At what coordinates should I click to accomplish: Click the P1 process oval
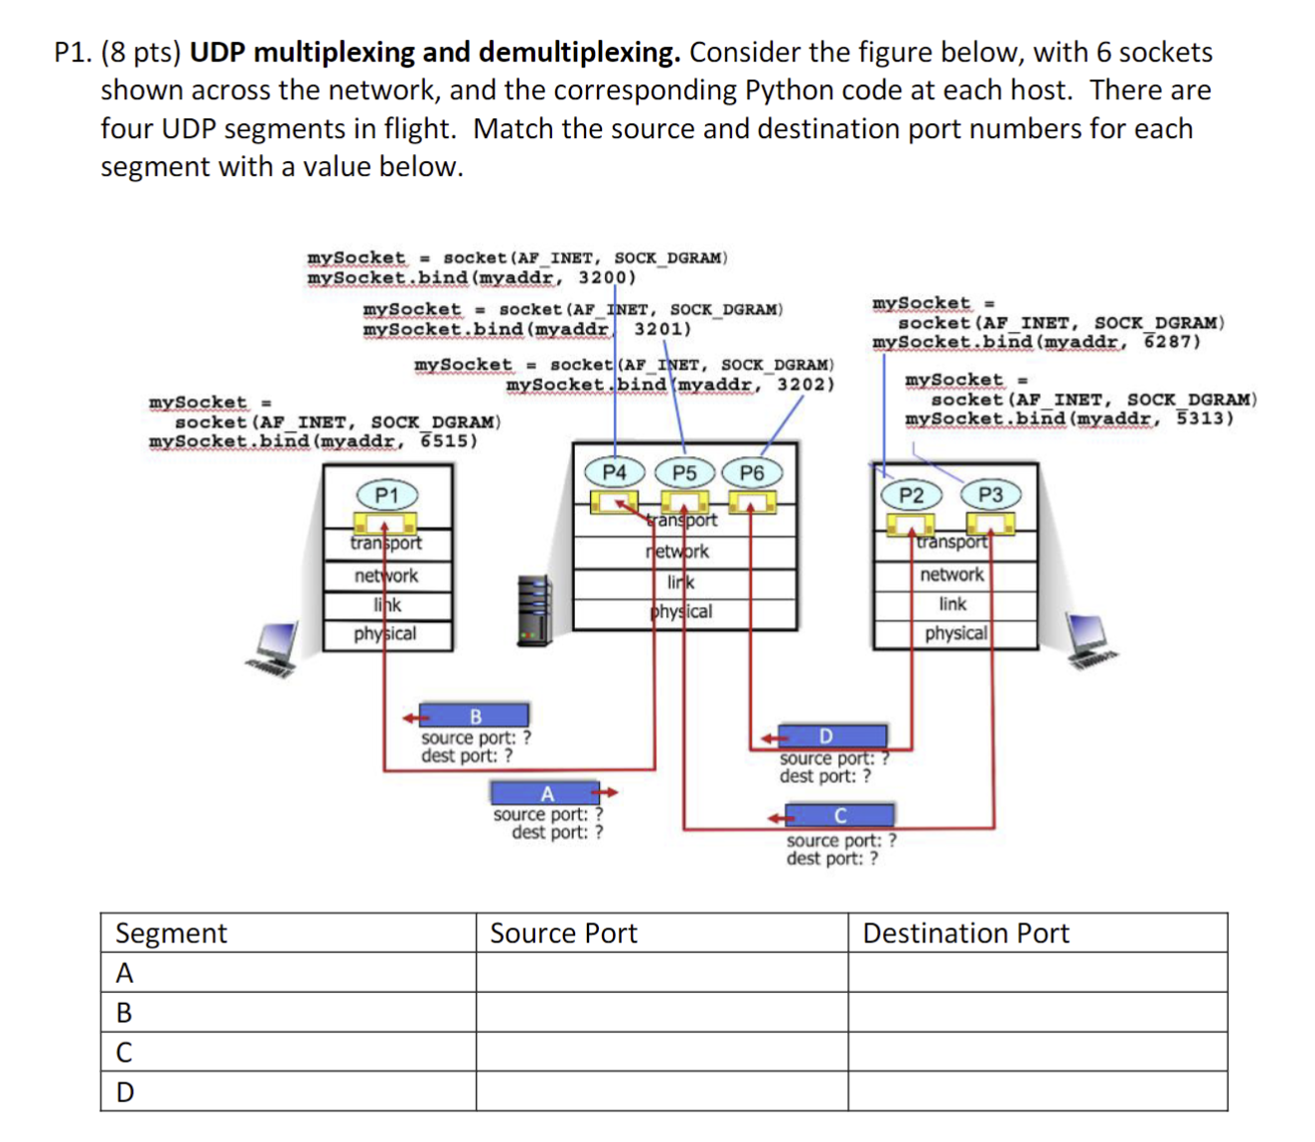coord(386,495)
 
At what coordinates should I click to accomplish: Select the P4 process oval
coord(615,472)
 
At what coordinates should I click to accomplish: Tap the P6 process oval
coord(752,473)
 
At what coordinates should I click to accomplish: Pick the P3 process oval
coord(990,495)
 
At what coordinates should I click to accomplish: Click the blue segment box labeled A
coord(546,793)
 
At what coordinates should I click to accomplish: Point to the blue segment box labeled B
coord(476,716)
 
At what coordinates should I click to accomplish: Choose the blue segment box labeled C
coord(840,816)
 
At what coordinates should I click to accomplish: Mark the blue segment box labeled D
coord(826,735)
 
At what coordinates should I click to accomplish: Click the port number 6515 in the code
coord(449,440)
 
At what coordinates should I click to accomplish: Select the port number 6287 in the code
coord(1172,341)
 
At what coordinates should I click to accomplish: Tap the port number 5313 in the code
coord(1205,417)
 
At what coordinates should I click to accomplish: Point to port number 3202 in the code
coord(804,384)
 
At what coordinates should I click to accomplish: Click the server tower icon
coord(534,610)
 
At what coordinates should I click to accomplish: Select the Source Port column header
coord(563,933)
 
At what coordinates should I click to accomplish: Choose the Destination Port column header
coord(965,933)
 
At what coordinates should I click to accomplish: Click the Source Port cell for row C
coord(661,1052)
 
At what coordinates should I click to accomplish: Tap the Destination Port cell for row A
coord(1037,972)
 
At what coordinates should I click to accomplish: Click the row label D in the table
coord(125,1092)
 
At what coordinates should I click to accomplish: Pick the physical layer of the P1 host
coord(386,634)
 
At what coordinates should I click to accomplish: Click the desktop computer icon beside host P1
coord(274,649)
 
